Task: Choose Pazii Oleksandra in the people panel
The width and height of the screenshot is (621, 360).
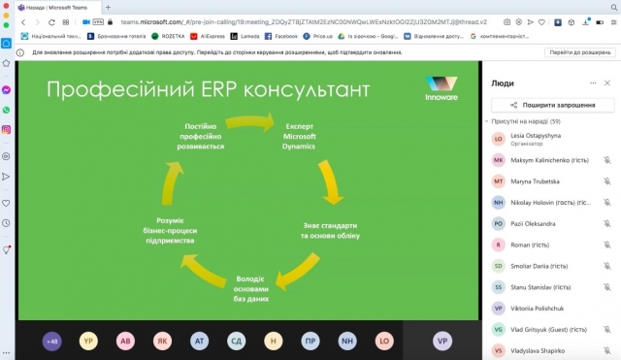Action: (533, 223)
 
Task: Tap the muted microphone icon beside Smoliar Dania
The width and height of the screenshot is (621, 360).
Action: (607, 266)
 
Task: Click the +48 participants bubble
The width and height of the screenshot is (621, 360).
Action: (52, 342)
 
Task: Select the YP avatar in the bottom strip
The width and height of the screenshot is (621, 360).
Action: (88, 342)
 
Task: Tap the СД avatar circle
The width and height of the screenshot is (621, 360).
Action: (236, 342)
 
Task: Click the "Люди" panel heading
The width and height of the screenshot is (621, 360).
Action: (504, 83)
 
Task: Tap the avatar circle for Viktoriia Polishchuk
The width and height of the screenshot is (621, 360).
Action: (498, 309)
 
